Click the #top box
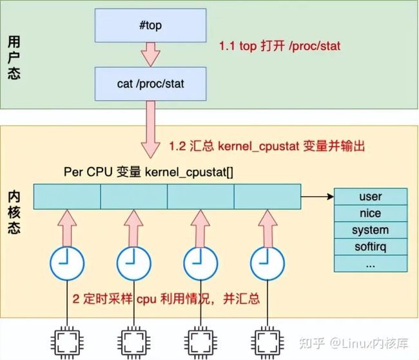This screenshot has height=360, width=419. pos(150,25)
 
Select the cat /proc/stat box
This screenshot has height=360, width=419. pos(150,84)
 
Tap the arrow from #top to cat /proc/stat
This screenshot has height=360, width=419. pos(150,55)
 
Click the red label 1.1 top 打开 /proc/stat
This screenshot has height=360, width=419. pos(280,46)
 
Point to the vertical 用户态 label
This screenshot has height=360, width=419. pos(14,57)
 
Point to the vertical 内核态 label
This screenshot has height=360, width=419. pos(14,212)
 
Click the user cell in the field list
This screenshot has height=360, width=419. pos(371,197)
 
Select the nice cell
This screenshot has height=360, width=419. pos(371,214)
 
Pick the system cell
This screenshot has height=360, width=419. pos(371,230)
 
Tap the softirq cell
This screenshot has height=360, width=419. pos(371,246)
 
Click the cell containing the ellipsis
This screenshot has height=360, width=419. pos(371,263)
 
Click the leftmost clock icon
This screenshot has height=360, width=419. pos(67,263)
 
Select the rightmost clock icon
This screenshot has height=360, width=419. pos(268,263)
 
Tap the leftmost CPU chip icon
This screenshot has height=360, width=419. pos(67,343)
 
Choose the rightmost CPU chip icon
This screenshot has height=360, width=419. pos(268,343)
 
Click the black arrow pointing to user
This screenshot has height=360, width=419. pos(317,197)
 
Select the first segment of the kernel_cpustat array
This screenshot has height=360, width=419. pos(67,197)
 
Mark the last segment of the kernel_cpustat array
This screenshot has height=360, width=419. pos(268,197)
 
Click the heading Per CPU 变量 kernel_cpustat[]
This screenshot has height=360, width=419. pos(148,172)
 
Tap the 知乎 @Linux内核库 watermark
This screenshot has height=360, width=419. pos(354,343)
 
